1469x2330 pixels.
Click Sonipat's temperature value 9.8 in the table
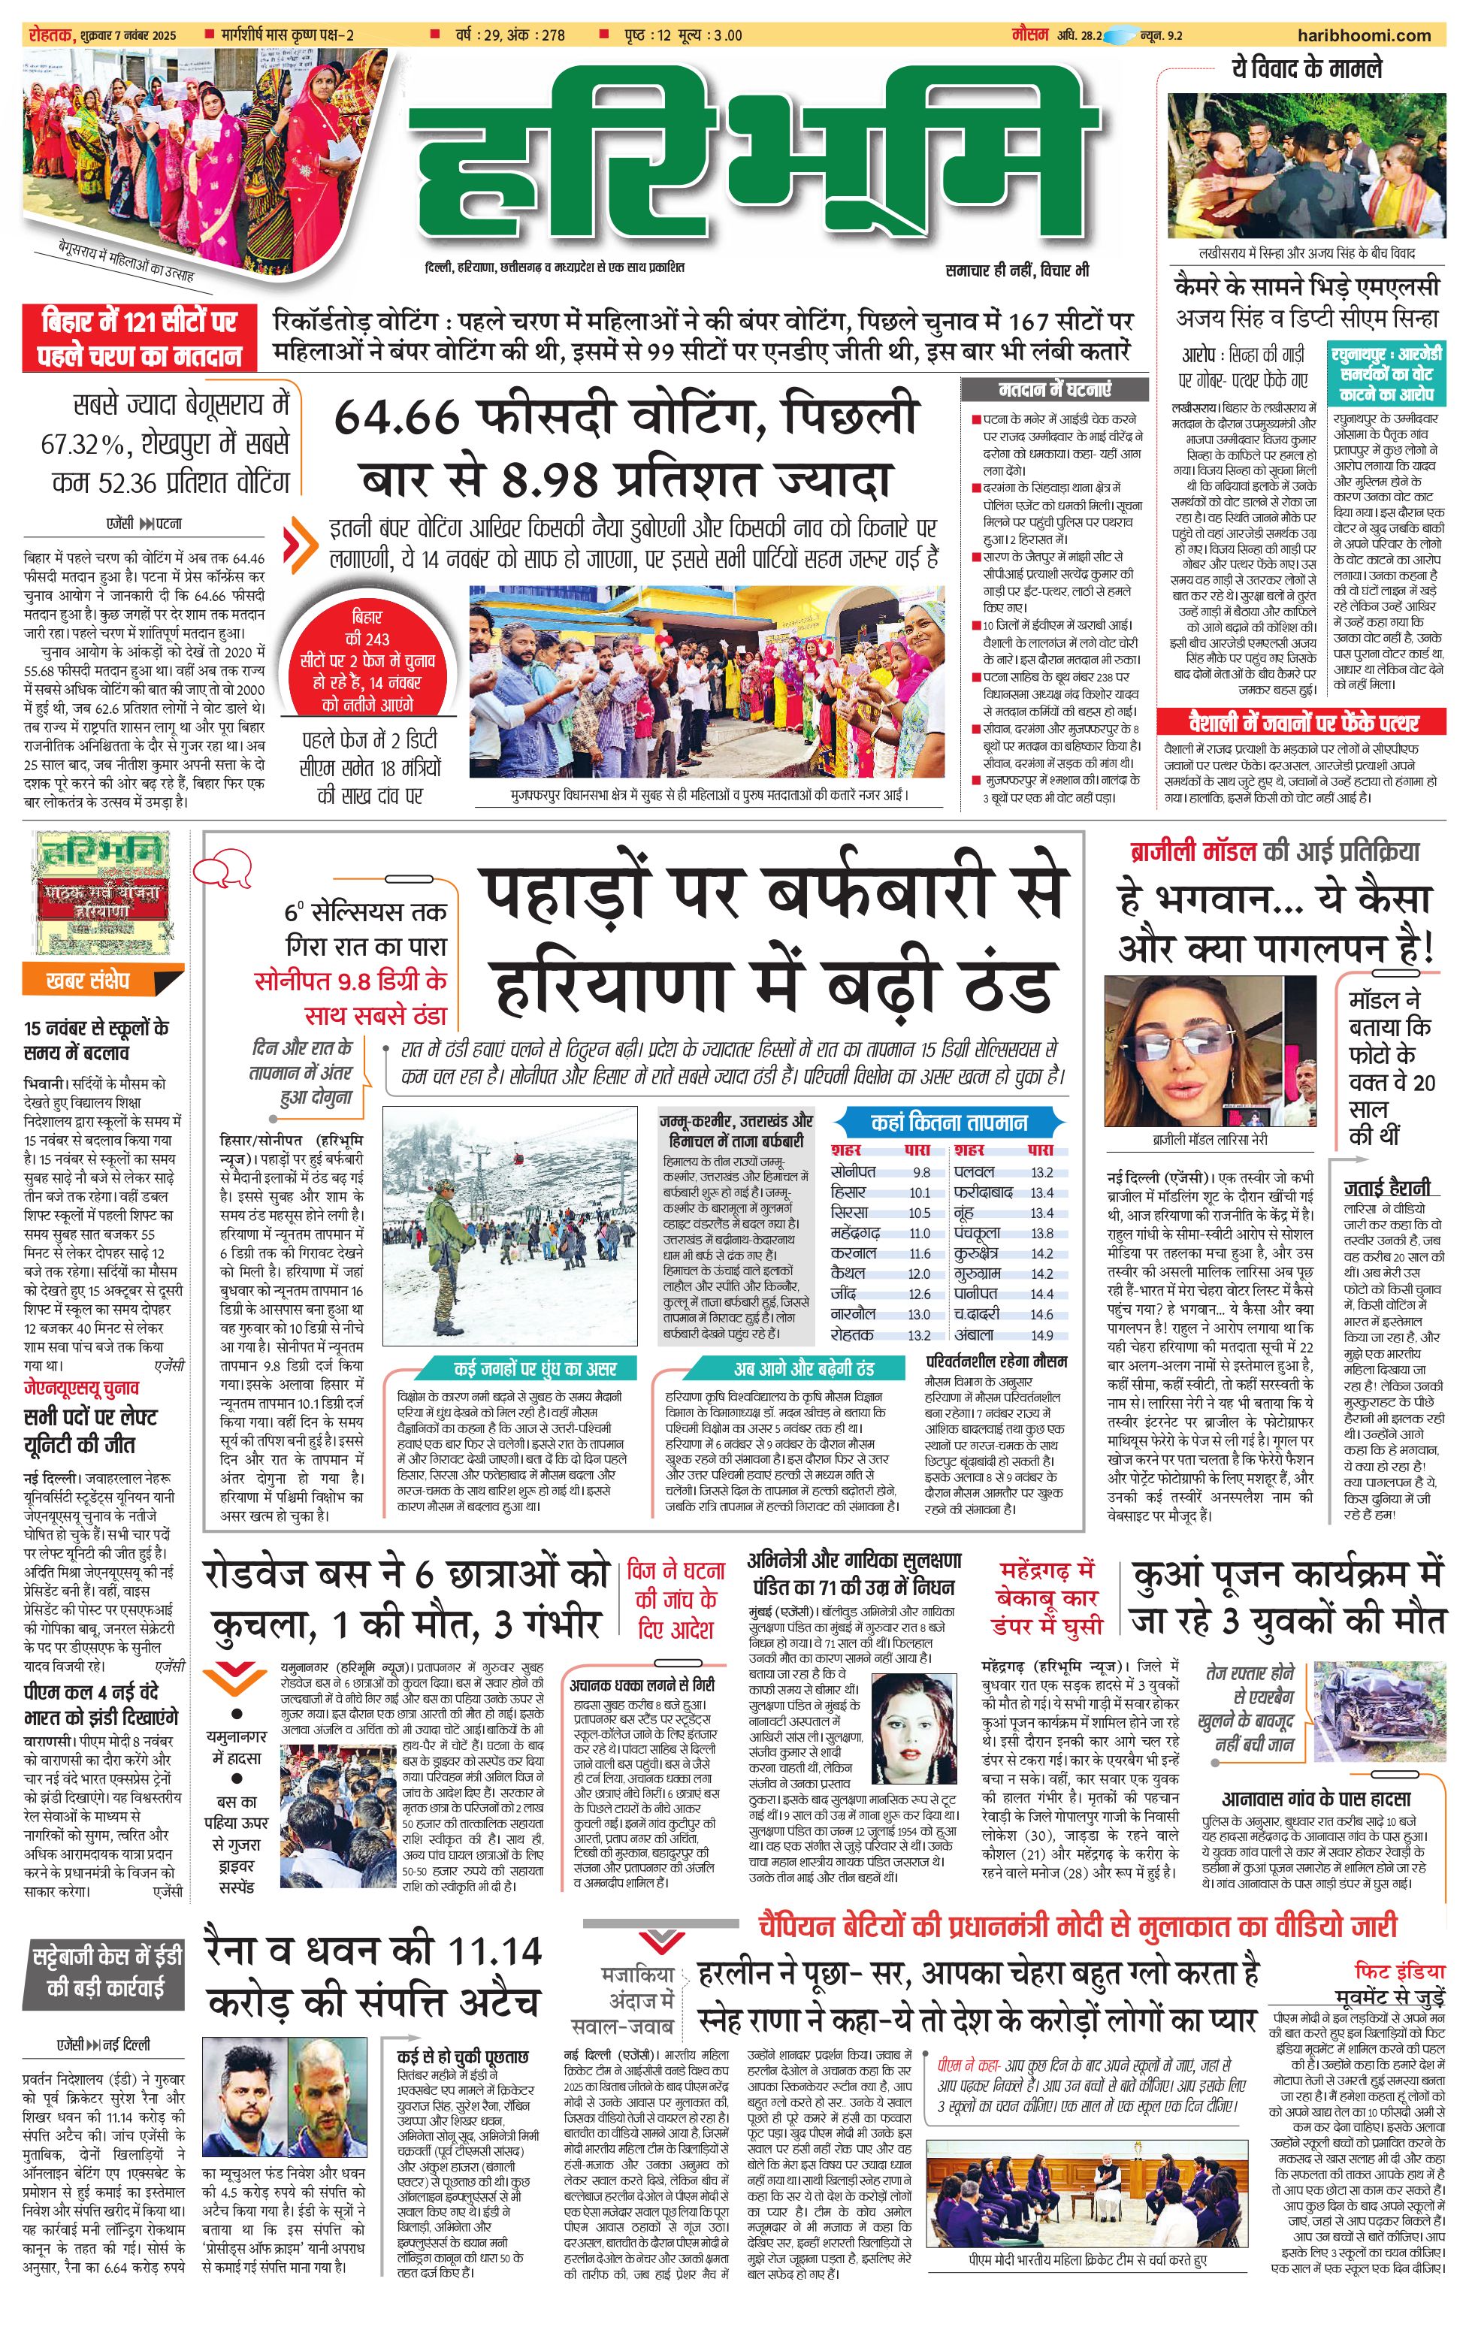(920, 1172)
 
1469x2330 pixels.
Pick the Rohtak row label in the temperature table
(851, 1334)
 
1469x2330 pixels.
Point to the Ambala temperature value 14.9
(1041, 1334)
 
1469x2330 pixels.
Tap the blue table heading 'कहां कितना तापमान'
(948, 1123)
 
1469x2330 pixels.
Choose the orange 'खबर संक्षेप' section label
(88, 981)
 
